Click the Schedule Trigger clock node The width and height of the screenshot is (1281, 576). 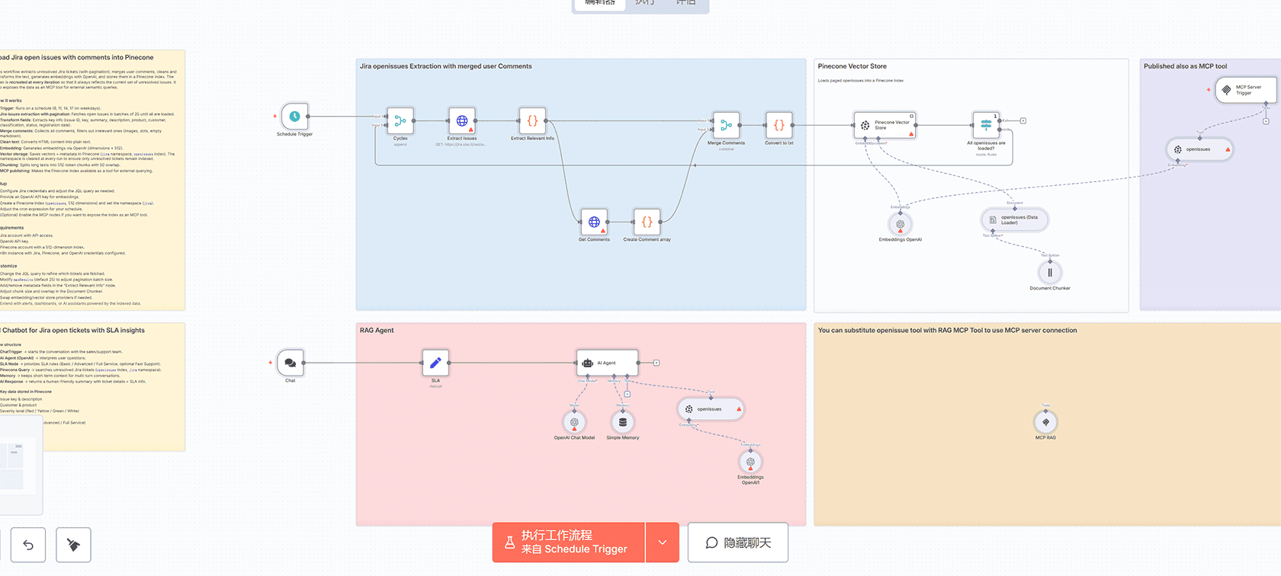[x=294, y=117]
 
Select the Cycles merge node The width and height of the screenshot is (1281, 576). [x=400, y=121]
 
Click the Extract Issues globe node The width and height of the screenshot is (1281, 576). [x=462, y=121]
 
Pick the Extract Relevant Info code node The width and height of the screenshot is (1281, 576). [x=532, y=121]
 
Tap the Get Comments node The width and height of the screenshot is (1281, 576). [x=594, y=222]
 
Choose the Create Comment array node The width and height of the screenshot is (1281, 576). [x=647, y=222]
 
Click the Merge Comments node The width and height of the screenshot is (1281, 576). [x=726, y=125]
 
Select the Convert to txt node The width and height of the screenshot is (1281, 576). [x=779, y=125]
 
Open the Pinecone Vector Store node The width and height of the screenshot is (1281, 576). [x=884, y=125]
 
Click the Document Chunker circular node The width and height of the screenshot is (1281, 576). [x=1050, y=272]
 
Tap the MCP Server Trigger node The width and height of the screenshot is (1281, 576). [x=1244, y=90]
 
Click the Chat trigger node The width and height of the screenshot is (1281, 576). [x=291, y=363]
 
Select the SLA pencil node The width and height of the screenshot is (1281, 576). [x=435, y=363]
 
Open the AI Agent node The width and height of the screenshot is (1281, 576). [x=607, y=363]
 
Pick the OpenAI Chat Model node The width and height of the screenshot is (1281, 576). [x=574, y=422]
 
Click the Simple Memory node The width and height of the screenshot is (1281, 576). [x=623, y=422]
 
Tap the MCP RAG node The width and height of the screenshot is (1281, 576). [x=1045, y=422]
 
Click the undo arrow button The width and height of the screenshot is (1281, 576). [x=28, y=545]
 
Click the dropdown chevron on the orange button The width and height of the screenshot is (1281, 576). [x=663, y=542]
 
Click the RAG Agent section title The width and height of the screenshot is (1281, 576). [x=377, y=331]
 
